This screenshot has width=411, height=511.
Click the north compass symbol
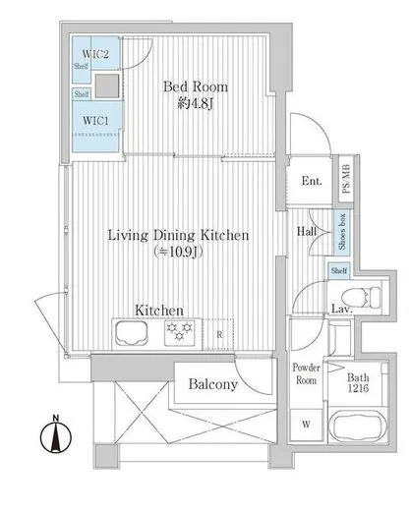click(x=56, y=435)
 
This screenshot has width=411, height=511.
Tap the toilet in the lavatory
click(x=361, y=297)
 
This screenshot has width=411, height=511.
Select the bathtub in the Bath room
click(x=358, y=426)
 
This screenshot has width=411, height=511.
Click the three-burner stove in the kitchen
click(x=179, y=332)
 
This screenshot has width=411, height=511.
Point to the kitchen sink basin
click(x=131, y=333)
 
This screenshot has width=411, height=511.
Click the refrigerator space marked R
click(x=218, y=334)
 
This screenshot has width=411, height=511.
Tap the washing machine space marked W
click(x=306, y=425)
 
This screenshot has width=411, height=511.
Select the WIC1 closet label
click(x=95, y=121)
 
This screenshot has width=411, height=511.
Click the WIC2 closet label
click(x=95, y=54)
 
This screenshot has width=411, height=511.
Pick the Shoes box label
click(x=342, y=232)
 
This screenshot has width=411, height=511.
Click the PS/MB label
click(x=346, y=179)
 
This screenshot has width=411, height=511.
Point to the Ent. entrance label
click(x=312, y=181)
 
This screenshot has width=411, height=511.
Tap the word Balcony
click(x=213, y=384)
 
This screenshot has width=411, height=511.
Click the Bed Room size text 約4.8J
click(x=196, y=104)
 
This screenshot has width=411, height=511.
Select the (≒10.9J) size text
click(x=178, y=252)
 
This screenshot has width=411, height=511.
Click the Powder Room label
click(x=306, y=373)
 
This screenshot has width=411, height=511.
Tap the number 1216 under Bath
click(x=358, y=388)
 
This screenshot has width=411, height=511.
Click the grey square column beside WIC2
click(x=107, y=85)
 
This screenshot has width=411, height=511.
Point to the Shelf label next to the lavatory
click(x=339, y=270)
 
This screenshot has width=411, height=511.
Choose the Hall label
click(x=307, y=232)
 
